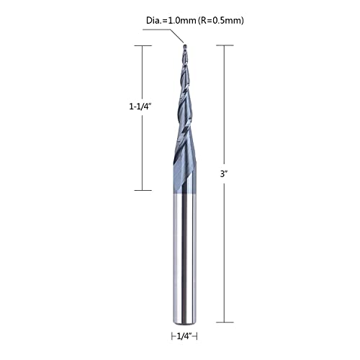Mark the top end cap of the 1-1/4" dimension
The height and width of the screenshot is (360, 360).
[143, 45]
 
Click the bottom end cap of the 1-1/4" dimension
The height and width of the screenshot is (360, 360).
[143, 190]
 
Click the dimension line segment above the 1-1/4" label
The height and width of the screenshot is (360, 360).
[143, 72]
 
